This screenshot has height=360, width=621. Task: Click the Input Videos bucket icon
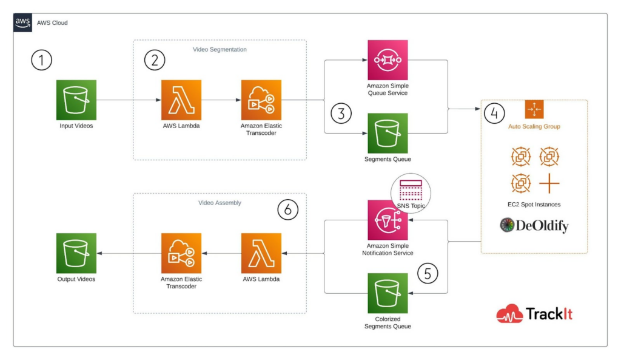point(76,100)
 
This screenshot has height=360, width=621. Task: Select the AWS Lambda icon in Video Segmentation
point(181,100)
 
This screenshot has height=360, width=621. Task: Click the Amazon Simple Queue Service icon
point(388,60)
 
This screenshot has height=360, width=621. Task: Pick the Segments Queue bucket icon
point(388,133)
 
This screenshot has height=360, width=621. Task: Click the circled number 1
point(42,60)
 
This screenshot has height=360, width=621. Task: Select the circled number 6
point(287,209)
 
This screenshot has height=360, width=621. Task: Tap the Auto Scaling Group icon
point(534,110)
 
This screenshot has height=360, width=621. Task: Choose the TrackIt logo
point(534,313)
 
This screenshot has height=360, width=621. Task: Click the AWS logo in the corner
point(23,23)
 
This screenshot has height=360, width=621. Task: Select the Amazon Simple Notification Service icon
point(388,220)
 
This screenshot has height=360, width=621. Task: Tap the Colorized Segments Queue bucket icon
point(388,293)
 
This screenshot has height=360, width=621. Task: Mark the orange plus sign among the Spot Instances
point(549,182)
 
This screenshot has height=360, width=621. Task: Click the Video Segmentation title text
point(220,49)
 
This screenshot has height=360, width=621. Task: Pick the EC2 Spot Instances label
point(534,204)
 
